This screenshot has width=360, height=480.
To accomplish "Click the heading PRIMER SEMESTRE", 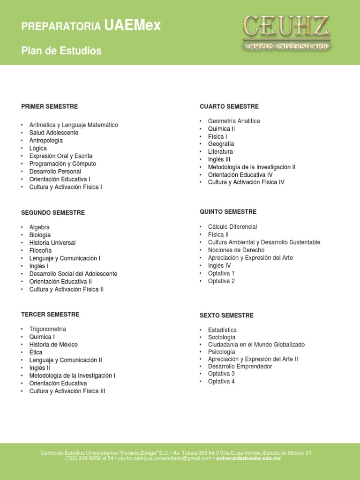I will pyautogui.click(x=49, y=106).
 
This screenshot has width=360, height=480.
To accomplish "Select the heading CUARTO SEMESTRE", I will pyautogui.click(x=229, y=106).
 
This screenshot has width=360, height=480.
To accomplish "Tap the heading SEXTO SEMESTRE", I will pyautogui.click(x=226, y=315).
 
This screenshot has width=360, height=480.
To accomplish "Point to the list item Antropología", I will pyautogui.click(x=46, y=141).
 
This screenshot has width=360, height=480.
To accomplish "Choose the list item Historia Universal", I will pyautogui.click(x=52, y=243).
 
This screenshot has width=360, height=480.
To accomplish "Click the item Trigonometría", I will pyautogui.click(x=47, y=329).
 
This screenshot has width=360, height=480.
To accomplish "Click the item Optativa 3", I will pyautogui.click(x=221, y=374).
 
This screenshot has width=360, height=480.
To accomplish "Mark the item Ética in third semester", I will pyautogui.click(x=36, y=352).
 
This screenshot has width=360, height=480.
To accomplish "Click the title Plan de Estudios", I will pyautogui.click(x=61, y=51).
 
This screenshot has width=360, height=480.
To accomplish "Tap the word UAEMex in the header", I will pyautogui.click(x=133, y=26).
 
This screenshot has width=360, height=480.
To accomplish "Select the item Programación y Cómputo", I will pyautogui.click(x=62, y=164).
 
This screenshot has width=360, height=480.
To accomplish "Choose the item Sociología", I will pyautogui.click(x=222, y=337).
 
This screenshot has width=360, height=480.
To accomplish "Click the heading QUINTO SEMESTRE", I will pyautogui.click(x=228, y=212).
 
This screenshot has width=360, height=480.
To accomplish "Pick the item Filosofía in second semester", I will pyautogui.click(x=40, y=251).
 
